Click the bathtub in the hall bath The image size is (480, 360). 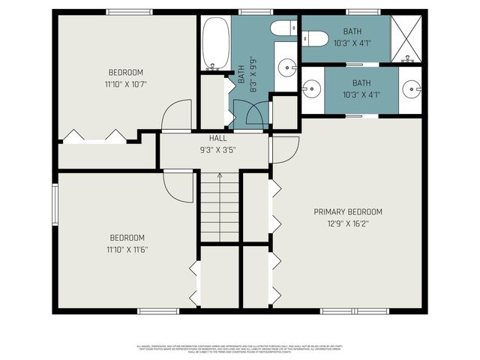[x=215, y=43]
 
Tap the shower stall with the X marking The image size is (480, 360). [x=407, y=39]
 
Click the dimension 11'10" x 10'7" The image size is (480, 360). [x=126, y=83]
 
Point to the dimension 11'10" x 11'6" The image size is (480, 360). [x=126, y=249]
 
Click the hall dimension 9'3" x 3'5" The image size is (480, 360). [x=217, y=149]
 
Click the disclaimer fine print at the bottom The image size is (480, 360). [x=240, y=348]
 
